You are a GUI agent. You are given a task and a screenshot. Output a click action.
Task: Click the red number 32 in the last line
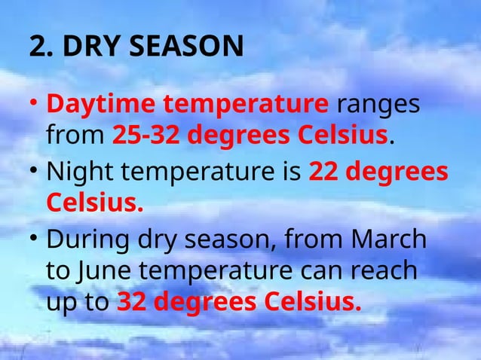pyautogui.click(x=132, y=303)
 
